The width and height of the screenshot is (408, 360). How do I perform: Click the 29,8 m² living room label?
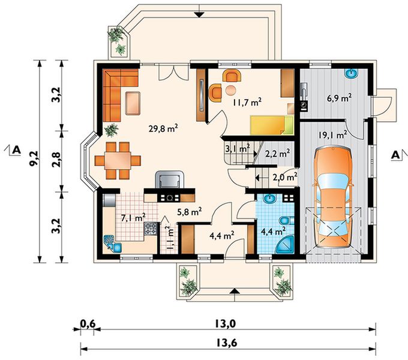click(x=163, y=128)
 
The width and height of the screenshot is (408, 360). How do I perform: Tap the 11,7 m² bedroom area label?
click(x=247, y=102)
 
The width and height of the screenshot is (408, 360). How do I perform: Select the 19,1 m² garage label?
click(x=333, y=135)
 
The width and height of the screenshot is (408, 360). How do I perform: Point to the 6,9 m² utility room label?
click(x=340, y=98)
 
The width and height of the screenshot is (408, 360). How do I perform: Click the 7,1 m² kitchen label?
click(x=133, y=217)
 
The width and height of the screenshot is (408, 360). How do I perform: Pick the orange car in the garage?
click(x=333, y=197)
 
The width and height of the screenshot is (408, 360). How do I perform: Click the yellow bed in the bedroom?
click(x=272, y=125)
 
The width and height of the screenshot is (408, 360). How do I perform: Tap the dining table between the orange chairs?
click(x=118, y=160)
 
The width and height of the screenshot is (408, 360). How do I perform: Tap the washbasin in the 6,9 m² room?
click(x=352, y=73)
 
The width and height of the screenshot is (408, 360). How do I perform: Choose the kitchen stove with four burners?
click(x=151, y=229)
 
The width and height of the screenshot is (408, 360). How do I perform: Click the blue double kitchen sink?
click(x=113, y=244)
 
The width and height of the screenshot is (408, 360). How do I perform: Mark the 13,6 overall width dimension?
click(x=227, y=343)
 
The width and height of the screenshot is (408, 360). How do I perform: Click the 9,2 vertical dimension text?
click(x=34, y=161)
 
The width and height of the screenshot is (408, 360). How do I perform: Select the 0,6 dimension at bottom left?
click(x=88, y=324)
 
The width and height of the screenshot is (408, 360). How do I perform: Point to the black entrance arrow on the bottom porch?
click(x=235, y=291)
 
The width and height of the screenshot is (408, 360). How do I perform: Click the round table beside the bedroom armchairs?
click(x=231, y=90)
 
